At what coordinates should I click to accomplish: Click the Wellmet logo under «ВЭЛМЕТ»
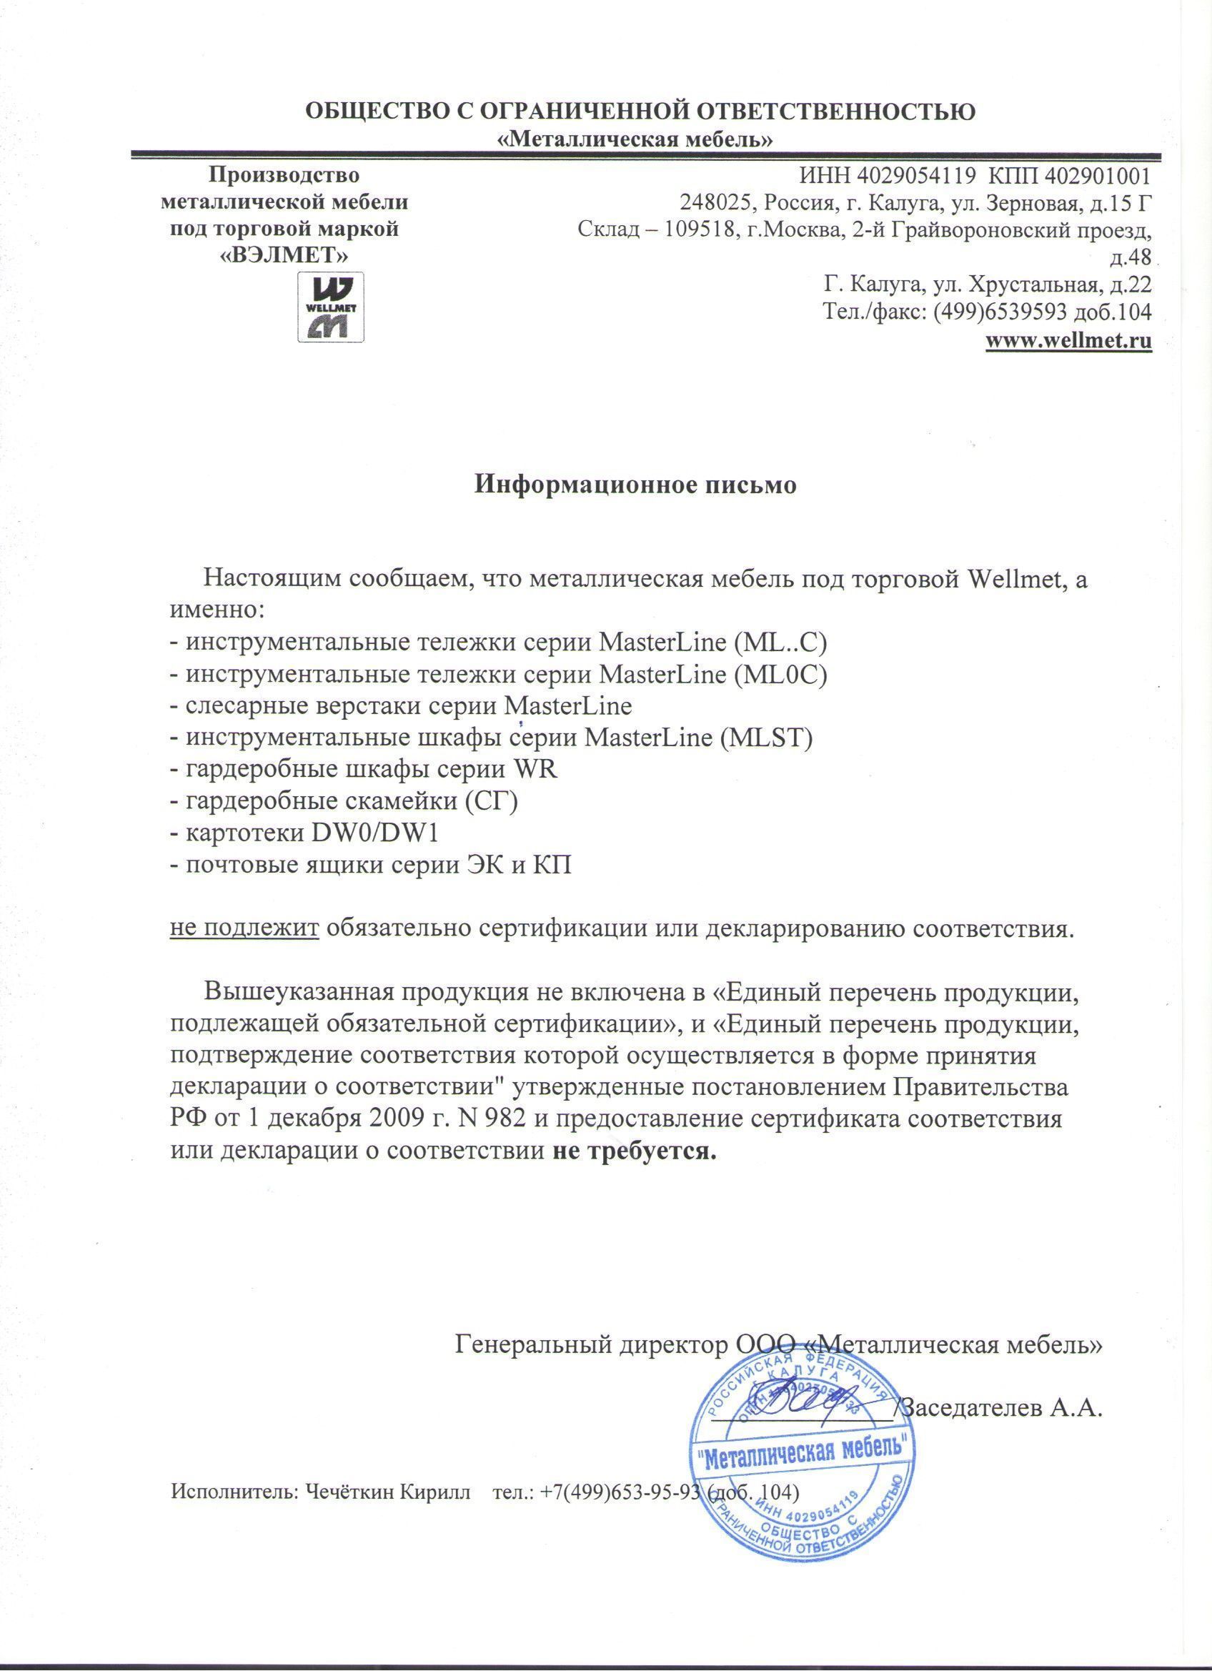pyautogui.click(x=331, y=307)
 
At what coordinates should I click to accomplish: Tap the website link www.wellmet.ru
pyautogui.click(x=1069, y=341)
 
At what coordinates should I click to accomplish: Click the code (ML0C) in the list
pyautogui.click(x=782, y=674)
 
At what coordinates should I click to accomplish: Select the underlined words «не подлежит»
pyautogui.click(x=244, y=928)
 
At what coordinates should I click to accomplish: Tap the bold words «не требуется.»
pyautogui.click(x=634, y=1150)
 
